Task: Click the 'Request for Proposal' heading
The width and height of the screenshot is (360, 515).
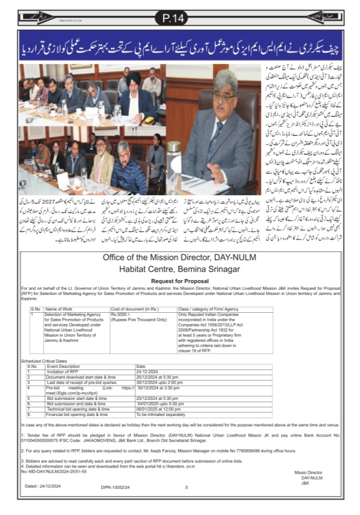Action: click(x=179, y=281)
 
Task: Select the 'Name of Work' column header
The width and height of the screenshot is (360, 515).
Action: click(x=59, y=309)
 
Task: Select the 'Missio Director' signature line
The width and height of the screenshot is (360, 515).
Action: click(x=307, y=473)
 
